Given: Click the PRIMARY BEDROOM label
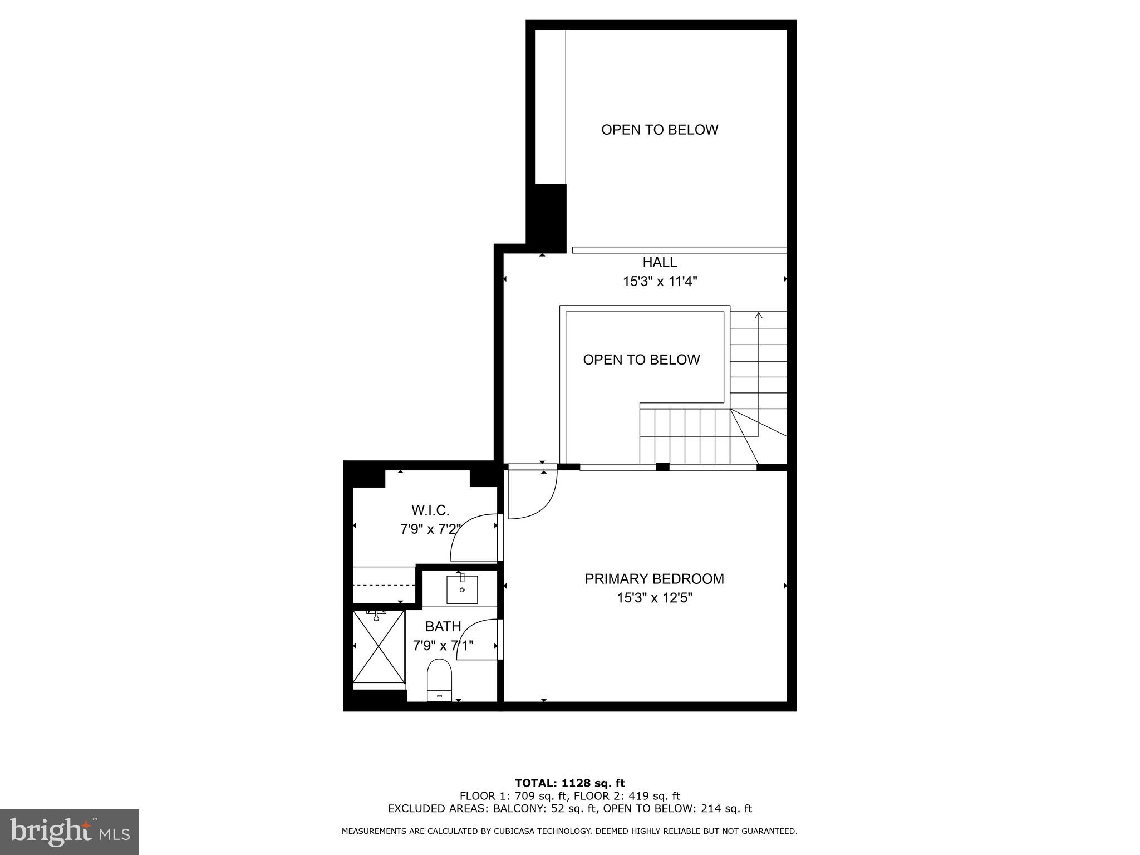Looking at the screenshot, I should (x=654, y=579).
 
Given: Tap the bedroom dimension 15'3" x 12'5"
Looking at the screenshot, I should (x=654, y=598).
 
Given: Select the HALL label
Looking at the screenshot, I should (x=660, y=262).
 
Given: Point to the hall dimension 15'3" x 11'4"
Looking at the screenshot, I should (x=660, y=282).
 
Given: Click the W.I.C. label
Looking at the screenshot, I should (x=430, y=510).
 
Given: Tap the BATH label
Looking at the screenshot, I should (x=443, y=627).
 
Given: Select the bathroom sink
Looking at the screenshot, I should (x=462, y=590).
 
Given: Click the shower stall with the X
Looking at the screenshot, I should (x=379, y=646).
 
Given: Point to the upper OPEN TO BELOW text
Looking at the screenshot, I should (x=660, y=130).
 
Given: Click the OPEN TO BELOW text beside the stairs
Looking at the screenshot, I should (x=641, y=360).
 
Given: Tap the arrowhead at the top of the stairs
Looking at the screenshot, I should (x=758, y=315).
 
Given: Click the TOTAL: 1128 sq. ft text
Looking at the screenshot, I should (x=569, y=784).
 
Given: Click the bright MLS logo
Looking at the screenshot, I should (x=70, y=832).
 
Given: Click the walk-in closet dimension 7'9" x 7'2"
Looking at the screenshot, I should (x=430, y=529).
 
